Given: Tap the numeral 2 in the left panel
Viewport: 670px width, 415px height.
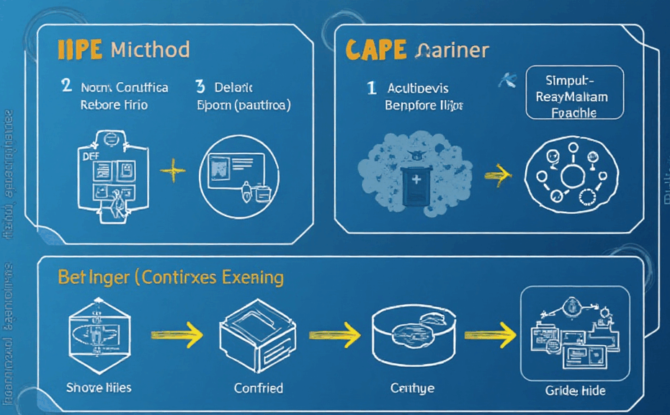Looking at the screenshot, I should (66, 87).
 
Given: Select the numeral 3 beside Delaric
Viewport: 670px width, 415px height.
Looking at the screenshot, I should (200, 87).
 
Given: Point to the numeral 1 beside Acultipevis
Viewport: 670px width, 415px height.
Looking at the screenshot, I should (371, 88).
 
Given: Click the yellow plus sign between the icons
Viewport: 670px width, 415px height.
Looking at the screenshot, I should (171, 171).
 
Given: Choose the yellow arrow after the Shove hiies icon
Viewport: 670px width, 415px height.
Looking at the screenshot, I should (174, 334).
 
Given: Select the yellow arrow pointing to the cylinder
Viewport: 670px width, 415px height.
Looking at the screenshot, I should (334, 334).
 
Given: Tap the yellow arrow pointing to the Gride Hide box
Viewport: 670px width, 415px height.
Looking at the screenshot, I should (490, 334).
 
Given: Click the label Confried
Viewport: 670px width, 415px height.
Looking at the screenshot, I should (259, 388).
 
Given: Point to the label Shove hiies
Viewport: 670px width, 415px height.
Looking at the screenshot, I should (99, 388).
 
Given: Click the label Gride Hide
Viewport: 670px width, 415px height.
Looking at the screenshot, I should (575, 391).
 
